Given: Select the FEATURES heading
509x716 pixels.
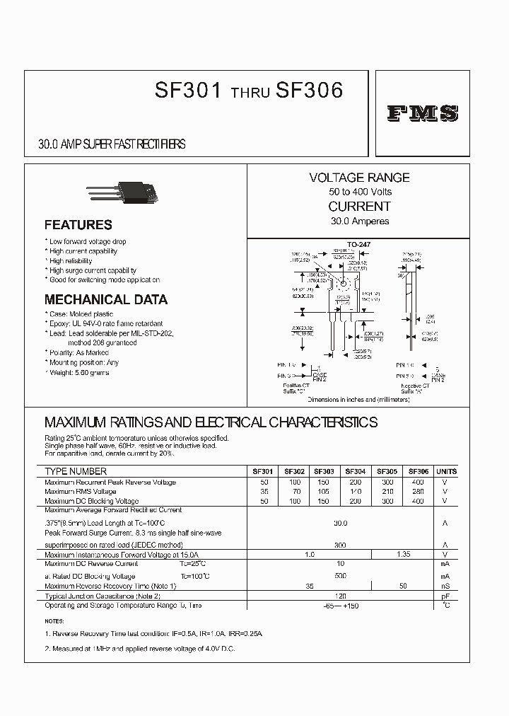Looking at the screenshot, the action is coord(78,225).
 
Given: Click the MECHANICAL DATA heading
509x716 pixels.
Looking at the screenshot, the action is coord(106,299).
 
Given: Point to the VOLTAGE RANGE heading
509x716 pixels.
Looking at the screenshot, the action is coord(359,178).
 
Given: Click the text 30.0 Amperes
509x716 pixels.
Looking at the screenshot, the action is coord(359,221).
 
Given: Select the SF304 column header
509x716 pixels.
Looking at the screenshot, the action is coord(356,471).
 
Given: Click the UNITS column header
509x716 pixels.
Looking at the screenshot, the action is coord(446,471).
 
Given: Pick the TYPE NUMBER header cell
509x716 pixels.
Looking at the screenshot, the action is coord(76,471).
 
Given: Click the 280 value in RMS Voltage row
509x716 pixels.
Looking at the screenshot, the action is coord(419,491).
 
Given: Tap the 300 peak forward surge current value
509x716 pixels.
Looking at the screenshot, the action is coord(340,545).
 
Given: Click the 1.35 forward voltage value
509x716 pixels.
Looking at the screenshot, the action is coord(404,555).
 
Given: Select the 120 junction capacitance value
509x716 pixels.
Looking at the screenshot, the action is coord(340,596).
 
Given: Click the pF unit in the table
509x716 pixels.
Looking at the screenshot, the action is coord(446,596).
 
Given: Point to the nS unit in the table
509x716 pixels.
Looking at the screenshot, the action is coord(446,587).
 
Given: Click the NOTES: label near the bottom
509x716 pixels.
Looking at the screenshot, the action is coord(54,620).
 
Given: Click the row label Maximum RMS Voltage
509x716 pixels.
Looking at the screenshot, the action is coord(81,491).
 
